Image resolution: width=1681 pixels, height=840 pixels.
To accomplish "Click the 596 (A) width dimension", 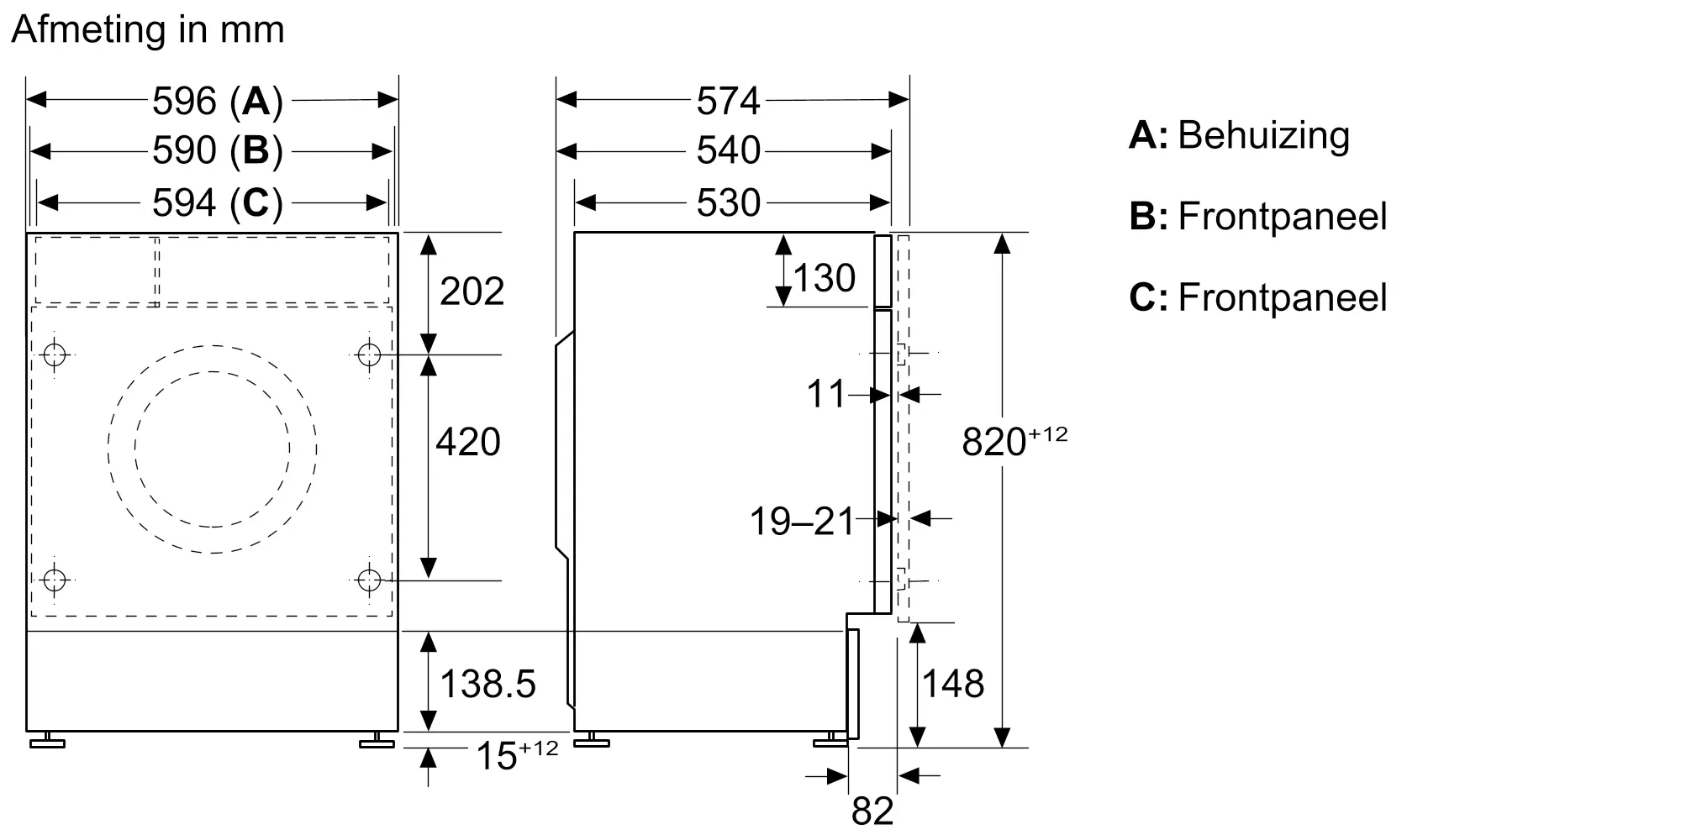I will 217,102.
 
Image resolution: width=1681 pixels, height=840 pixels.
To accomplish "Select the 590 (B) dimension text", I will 217,151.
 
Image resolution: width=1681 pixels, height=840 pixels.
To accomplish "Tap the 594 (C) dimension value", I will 217,202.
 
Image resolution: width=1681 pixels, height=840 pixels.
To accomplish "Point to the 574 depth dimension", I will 728,102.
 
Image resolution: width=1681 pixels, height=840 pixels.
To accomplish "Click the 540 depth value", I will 728,151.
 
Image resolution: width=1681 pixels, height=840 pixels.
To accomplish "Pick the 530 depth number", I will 728,203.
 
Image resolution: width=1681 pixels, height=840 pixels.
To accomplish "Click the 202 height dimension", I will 472,291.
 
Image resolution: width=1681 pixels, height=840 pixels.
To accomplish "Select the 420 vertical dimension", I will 467,442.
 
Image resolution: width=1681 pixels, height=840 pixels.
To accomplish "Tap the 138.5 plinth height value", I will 487,684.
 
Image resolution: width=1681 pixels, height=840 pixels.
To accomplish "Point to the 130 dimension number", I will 824,278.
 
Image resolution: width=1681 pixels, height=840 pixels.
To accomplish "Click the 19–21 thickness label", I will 801,522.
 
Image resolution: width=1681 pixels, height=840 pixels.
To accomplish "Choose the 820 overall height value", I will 994,442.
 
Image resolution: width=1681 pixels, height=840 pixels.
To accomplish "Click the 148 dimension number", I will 953,684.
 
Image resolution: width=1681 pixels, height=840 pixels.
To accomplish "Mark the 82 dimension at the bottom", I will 872,811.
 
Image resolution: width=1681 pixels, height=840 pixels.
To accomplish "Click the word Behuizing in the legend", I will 1263,135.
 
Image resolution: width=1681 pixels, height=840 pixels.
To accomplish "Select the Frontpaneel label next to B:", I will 1282,217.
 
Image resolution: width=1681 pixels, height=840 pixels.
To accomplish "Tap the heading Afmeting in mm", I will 148,30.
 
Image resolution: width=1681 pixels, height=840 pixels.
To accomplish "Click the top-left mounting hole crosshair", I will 55,354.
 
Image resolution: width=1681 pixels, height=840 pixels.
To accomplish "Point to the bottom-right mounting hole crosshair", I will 369,580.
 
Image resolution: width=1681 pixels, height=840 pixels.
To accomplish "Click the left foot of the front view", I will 47,741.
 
